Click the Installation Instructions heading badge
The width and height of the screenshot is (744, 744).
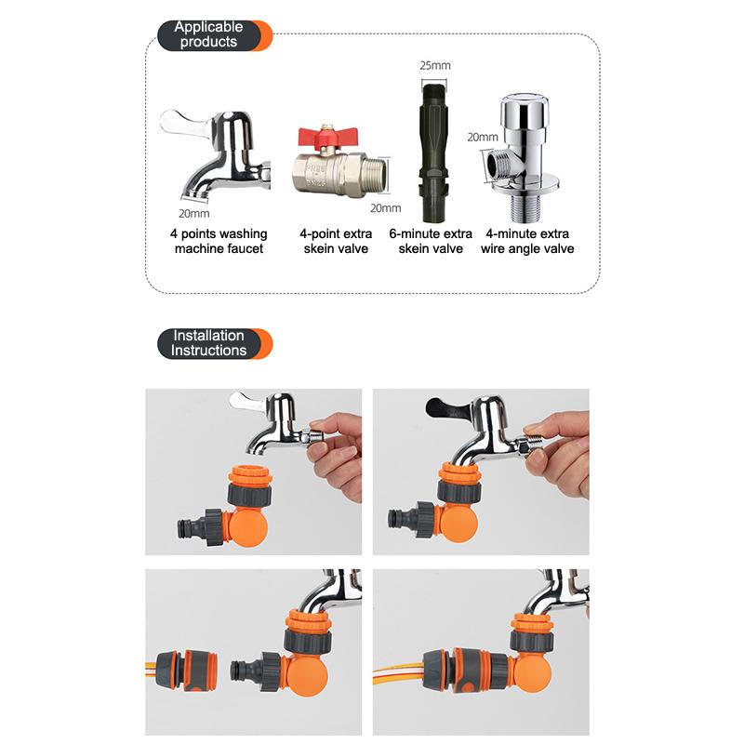click(209, 343)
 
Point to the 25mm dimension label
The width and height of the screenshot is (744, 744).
click(435, 66)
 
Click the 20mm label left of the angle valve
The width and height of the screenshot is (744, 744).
click(482, 137)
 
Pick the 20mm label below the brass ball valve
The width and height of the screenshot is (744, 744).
click(385, 207)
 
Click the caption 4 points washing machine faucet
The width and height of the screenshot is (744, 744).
click(219, 241)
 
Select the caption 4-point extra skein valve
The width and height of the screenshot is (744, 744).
click(334, 241)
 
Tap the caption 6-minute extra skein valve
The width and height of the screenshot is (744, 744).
click(431, 241)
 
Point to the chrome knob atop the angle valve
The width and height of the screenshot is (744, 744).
click(529, 112)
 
